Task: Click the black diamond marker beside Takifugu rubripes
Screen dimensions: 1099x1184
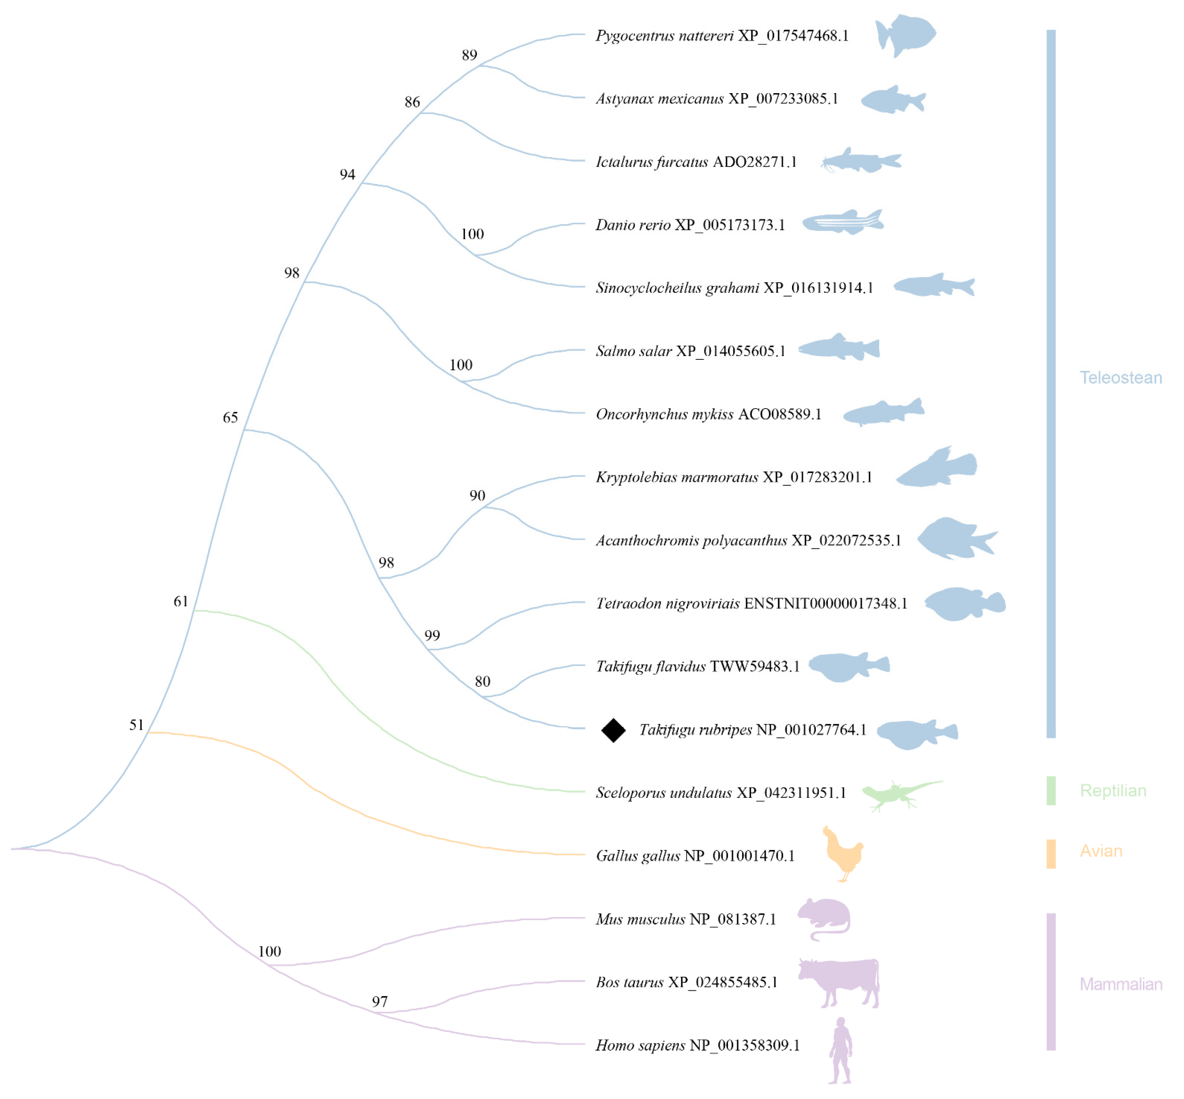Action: coord(613,730)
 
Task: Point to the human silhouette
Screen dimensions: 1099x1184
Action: coord(840,1050)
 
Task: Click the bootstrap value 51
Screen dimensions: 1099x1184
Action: coord(136,725)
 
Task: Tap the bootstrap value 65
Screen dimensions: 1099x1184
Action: coord(230,418)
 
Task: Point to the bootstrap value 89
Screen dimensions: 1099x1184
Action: coord(469,55)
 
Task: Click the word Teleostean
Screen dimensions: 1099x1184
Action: coord(1120,378)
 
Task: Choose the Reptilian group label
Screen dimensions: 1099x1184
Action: coord(1113,791)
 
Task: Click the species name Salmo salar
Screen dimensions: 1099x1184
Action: coord(634,351)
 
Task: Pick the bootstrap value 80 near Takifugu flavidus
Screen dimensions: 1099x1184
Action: coord(483,681)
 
